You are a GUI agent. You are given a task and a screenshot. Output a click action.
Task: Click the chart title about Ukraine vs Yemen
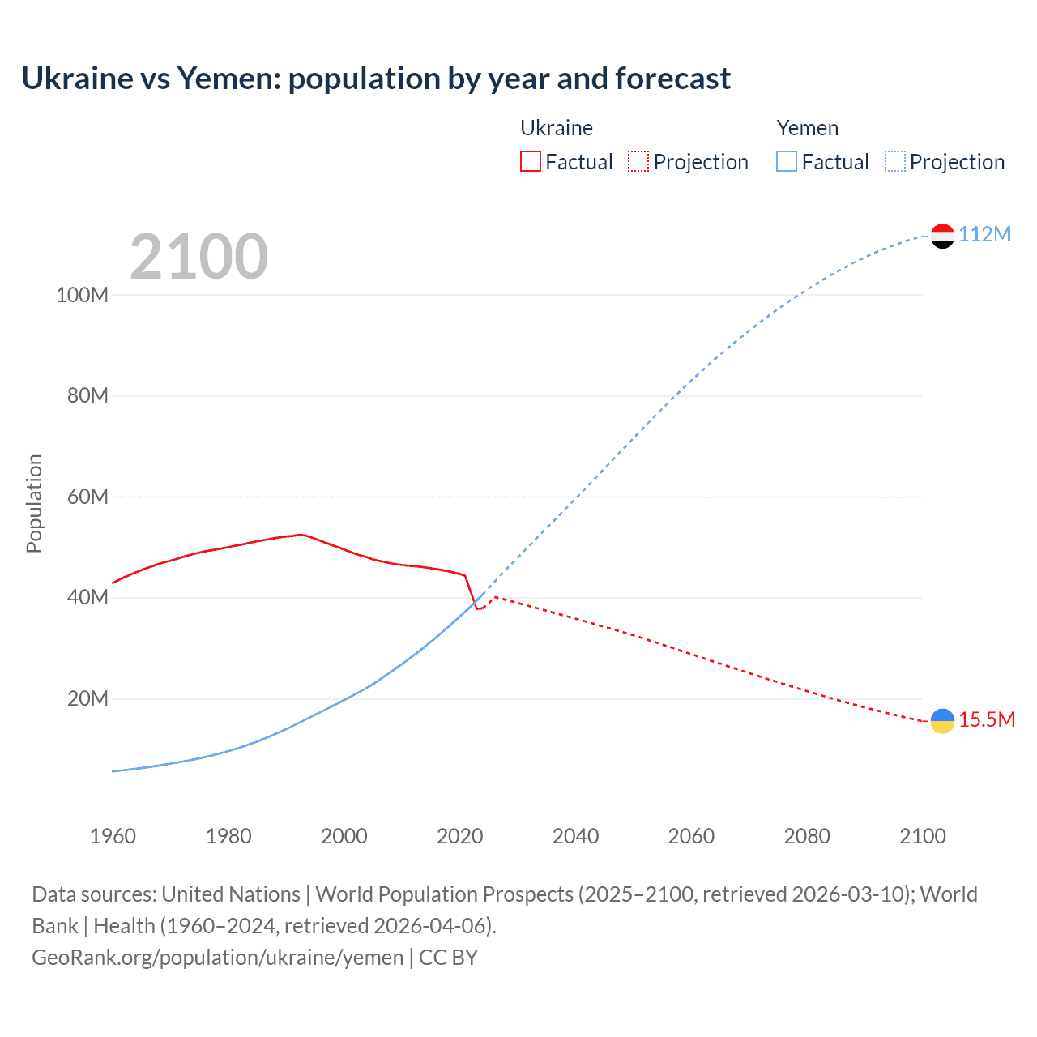376,79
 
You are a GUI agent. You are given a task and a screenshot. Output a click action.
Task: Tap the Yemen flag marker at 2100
942,236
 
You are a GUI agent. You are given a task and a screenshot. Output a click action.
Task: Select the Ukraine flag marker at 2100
942,720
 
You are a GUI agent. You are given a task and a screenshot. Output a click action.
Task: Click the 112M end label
984,234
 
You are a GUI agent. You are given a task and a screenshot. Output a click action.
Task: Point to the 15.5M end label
986,719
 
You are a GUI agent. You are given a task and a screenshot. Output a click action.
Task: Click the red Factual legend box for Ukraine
531,162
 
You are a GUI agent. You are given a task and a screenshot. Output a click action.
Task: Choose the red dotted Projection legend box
638,162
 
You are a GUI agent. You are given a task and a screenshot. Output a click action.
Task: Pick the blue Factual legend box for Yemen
787,162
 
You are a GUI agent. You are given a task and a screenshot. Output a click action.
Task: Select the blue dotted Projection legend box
895,162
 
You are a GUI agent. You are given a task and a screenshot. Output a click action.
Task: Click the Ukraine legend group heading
557,128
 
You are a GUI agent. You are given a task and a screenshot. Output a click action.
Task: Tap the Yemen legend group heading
808,128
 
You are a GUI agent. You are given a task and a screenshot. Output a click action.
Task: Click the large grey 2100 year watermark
198,257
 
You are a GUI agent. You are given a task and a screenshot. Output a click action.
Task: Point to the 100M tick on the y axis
82,295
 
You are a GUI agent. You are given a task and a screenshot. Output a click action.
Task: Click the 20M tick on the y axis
87,698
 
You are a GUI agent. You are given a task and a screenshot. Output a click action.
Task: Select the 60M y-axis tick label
87,497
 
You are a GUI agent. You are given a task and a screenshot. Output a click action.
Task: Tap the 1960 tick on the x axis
113,836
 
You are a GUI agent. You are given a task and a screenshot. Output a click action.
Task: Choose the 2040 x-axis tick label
575,836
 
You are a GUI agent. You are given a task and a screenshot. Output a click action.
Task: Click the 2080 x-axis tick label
807,836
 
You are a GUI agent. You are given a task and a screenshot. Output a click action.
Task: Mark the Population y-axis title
34,503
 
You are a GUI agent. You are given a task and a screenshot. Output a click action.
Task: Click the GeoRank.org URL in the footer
217,958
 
